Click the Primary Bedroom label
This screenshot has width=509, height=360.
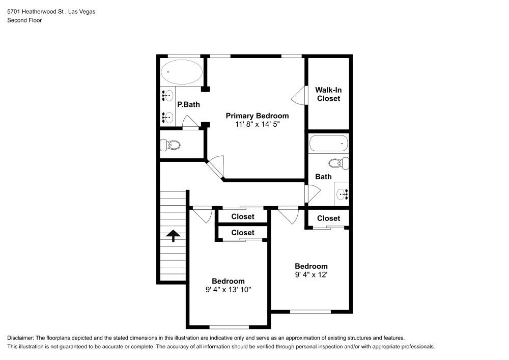click(257, 116)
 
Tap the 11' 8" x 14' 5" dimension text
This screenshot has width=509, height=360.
click(257, 124)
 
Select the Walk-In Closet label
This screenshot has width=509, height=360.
click(328, 94)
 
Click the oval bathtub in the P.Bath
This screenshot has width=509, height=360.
click(181, 72)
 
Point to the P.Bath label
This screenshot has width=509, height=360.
click(188, 104)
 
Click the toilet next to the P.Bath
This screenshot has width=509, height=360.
click(171, 146)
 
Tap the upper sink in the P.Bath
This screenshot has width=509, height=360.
click(167, 95)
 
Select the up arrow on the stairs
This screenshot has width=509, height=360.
click(173, 235)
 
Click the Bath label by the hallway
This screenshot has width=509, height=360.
click(323, 177)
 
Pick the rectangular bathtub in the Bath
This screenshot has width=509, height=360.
click(328, 144)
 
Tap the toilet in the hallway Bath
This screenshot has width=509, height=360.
click(338, 163)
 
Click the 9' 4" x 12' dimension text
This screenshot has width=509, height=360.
click(311, 274)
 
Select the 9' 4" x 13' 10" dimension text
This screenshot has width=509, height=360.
click(228, 289)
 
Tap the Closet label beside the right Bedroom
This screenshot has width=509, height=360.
click(328, 218)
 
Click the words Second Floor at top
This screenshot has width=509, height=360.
click(24, 20)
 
